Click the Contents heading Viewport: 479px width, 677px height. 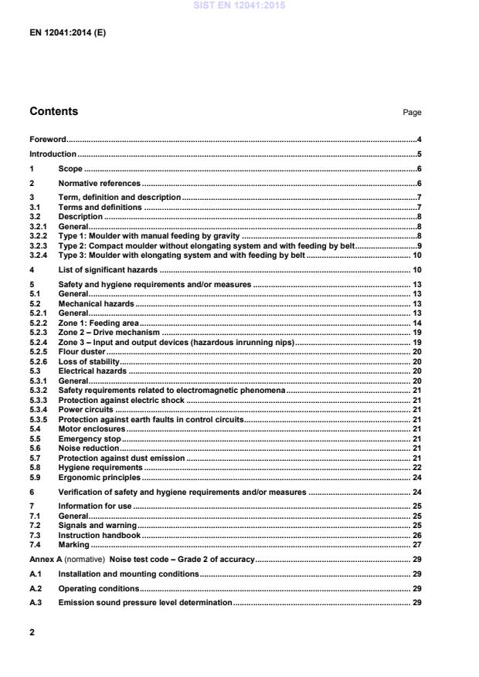click(x=53, y=112)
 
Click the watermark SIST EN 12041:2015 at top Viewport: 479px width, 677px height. click(x=239, y=7)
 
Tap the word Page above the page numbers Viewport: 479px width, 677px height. click(x=412, y=113)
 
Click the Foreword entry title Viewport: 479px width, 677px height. click(x=47, y=140)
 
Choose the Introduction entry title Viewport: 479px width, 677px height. click(x=53, y=154)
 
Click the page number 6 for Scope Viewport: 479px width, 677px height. click(x=418, y=168)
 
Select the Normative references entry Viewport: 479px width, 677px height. click(x=99, y=184)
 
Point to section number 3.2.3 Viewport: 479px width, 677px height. click(x=39, y=245)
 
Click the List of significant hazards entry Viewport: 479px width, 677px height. click(x=108, y=269)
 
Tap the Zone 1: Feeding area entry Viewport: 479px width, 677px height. click(x=99, y=323)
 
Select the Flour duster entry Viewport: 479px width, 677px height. click(x=82, y=351)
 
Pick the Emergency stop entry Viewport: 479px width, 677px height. click(x=90, y=438)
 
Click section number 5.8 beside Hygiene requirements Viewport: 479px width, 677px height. click(x=35, y=467)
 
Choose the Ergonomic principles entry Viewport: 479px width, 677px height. click(x=97, y=477)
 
